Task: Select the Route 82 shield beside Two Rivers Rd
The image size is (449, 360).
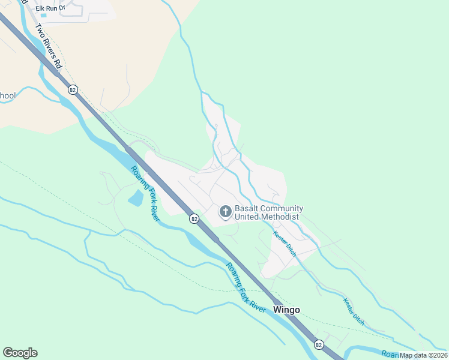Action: pos(73,89)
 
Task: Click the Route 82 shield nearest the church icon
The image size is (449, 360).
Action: pos(194,219)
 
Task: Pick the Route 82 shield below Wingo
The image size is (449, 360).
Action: pos(318,344)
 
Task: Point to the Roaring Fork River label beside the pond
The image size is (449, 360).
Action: pos(145,193)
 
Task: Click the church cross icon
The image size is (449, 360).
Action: pos(226,211)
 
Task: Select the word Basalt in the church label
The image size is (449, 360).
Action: pos(247,208)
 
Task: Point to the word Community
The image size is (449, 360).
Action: pos(282,208)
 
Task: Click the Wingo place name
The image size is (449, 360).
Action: pos(286,310)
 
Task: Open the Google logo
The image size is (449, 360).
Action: pos(20,353)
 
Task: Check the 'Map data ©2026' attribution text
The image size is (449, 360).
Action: pos(423,355)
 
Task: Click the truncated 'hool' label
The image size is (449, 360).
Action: pos(8,95)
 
